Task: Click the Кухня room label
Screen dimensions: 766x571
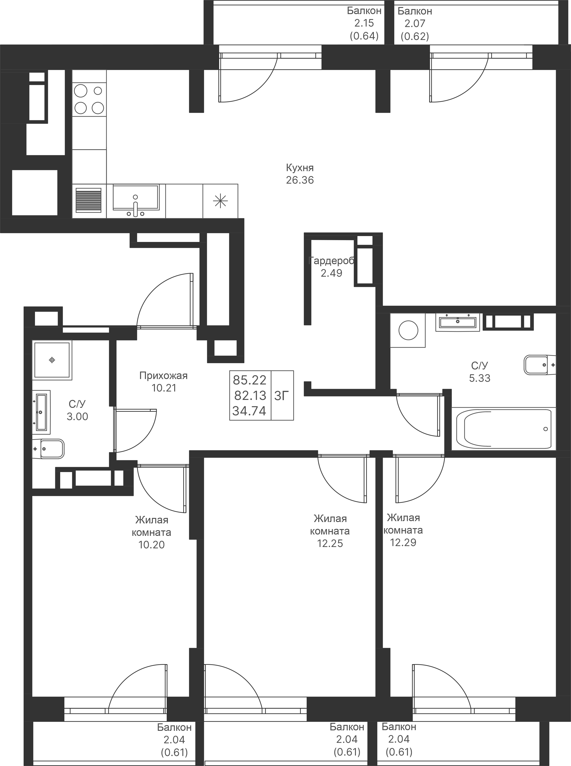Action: click(300, 168)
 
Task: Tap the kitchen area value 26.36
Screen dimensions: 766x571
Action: click(300, 180)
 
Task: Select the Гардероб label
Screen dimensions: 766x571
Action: click(331, 261)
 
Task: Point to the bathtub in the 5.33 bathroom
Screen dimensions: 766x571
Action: click(504, 429)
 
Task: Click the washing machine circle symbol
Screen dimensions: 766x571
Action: click(408, 330)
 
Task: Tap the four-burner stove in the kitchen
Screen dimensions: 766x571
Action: click(89, 99)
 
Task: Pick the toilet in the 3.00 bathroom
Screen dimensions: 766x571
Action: click(48, 449)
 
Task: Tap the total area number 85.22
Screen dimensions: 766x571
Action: click(250, 380)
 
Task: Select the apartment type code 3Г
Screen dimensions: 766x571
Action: click(282, 395)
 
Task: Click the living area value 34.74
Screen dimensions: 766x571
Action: click(249, 411)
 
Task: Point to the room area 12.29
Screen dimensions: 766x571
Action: click(403, 542)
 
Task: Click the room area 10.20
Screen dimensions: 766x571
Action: click(151, 545)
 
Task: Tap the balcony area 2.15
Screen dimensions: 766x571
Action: click(364, 23)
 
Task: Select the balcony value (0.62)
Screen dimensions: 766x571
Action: click(415, 36)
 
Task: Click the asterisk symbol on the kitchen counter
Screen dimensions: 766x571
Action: click(220, 201)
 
